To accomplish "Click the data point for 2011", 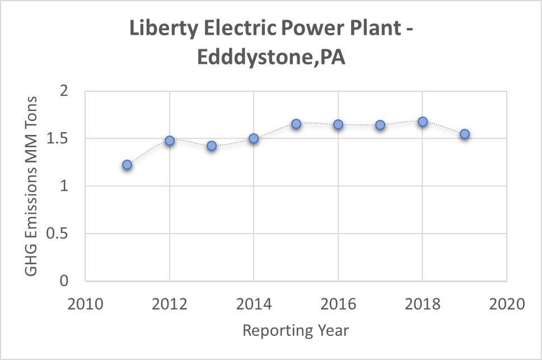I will tap(127, 165).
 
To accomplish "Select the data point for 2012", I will tap(170, 141).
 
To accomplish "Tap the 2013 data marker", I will tap(212, 146).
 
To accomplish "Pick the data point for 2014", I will tap(254, 138).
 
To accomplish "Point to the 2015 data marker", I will tap(296, 124).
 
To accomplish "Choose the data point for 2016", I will tap(338, 124).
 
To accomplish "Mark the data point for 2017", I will tap(380, 125).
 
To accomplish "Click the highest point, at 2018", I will tap(423, 121).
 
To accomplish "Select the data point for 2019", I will tap(465, 134).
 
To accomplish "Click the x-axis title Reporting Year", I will tap(296, 330).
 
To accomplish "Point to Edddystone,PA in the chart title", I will tap(271, 57).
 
